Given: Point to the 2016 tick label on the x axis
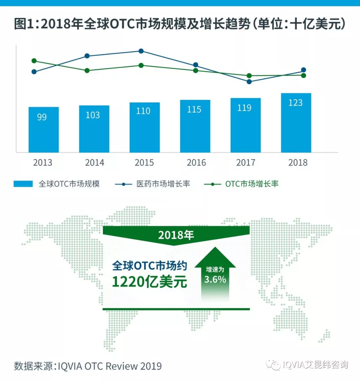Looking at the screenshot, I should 196,162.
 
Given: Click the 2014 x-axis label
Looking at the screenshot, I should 95,162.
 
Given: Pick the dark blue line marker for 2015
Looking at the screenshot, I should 141,51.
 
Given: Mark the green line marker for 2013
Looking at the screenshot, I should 34,61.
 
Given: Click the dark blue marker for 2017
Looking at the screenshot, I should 249,81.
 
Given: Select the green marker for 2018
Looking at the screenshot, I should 304,75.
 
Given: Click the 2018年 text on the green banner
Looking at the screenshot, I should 176,235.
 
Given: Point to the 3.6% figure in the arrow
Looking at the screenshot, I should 215,279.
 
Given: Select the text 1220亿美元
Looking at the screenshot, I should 149,282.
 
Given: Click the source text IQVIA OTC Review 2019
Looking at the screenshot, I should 110,366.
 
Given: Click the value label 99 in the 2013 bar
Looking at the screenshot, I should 42,117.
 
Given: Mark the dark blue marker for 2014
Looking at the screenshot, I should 87,56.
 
